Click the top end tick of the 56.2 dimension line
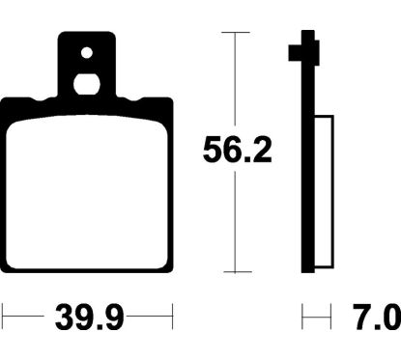pos(237,32)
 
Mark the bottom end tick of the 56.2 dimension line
pos(237,273)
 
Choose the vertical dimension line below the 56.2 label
pos(237,222)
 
